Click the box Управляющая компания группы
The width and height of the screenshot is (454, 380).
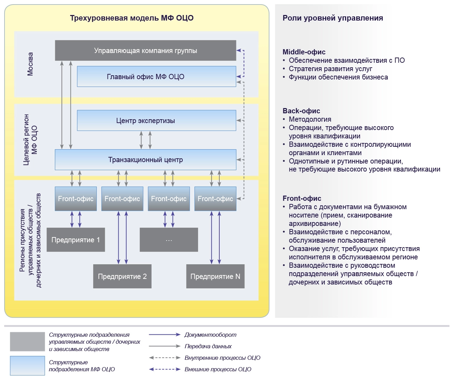point(145,51)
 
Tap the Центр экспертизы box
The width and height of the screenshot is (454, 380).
point(156,121)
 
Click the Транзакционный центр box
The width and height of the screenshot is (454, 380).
point(145,160)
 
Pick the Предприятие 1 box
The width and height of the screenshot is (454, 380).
point(75,240)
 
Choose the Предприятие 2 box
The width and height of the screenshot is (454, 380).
point(122,276)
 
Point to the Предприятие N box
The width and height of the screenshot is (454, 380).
point(215,276)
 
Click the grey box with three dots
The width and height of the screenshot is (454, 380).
point(169,240)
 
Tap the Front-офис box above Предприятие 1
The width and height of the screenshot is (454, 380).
point(75,199)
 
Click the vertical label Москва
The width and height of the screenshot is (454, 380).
point(30,64)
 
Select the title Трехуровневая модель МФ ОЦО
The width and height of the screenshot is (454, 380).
point(132,18)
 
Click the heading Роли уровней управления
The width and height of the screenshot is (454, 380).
point(332,18)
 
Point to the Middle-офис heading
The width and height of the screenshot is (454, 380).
point(304,52)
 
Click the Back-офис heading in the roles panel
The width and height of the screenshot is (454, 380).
point(301,111)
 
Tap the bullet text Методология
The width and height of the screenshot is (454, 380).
point(310,119)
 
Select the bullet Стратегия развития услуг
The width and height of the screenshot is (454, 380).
point(330,69)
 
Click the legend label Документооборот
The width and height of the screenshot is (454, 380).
point(210,335)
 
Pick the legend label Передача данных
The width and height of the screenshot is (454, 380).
point(208,346)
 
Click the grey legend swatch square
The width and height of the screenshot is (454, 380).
point(27,342)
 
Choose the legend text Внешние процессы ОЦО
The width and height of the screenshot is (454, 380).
point(218,369)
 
